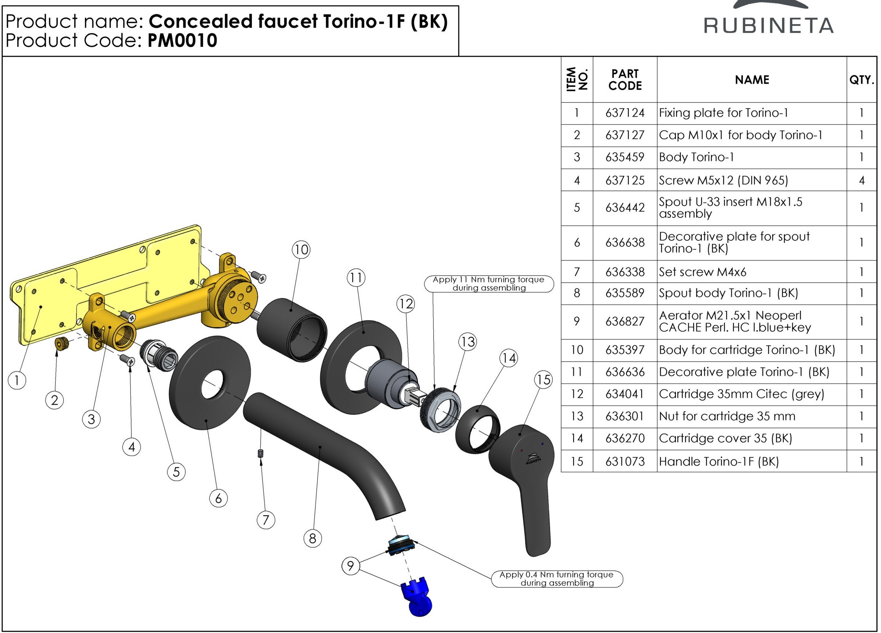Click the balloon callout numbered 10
[301, 249]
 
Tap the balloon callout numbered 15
[544, 380]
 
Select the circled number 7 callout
[266, 520]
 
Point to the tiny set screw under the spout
[261, 454]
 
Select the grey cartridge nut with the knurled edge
[440, 409]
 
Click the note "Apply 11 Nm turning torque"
[489, 284]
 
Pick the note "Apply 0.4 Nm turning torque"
[557, 579]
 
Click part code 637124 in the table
[625, 113]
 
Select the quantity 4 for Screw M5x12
[861, 180]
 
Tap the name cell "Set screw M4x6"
[703, 272]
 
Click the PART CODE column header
[625, 80]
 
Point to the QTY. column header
[861, 80]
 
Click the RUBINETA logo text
[769, 26]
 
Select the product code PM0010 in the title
[182, 41]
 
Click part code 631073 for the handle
[625, 461]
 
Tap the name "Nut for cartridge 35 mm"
[727, 416]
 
